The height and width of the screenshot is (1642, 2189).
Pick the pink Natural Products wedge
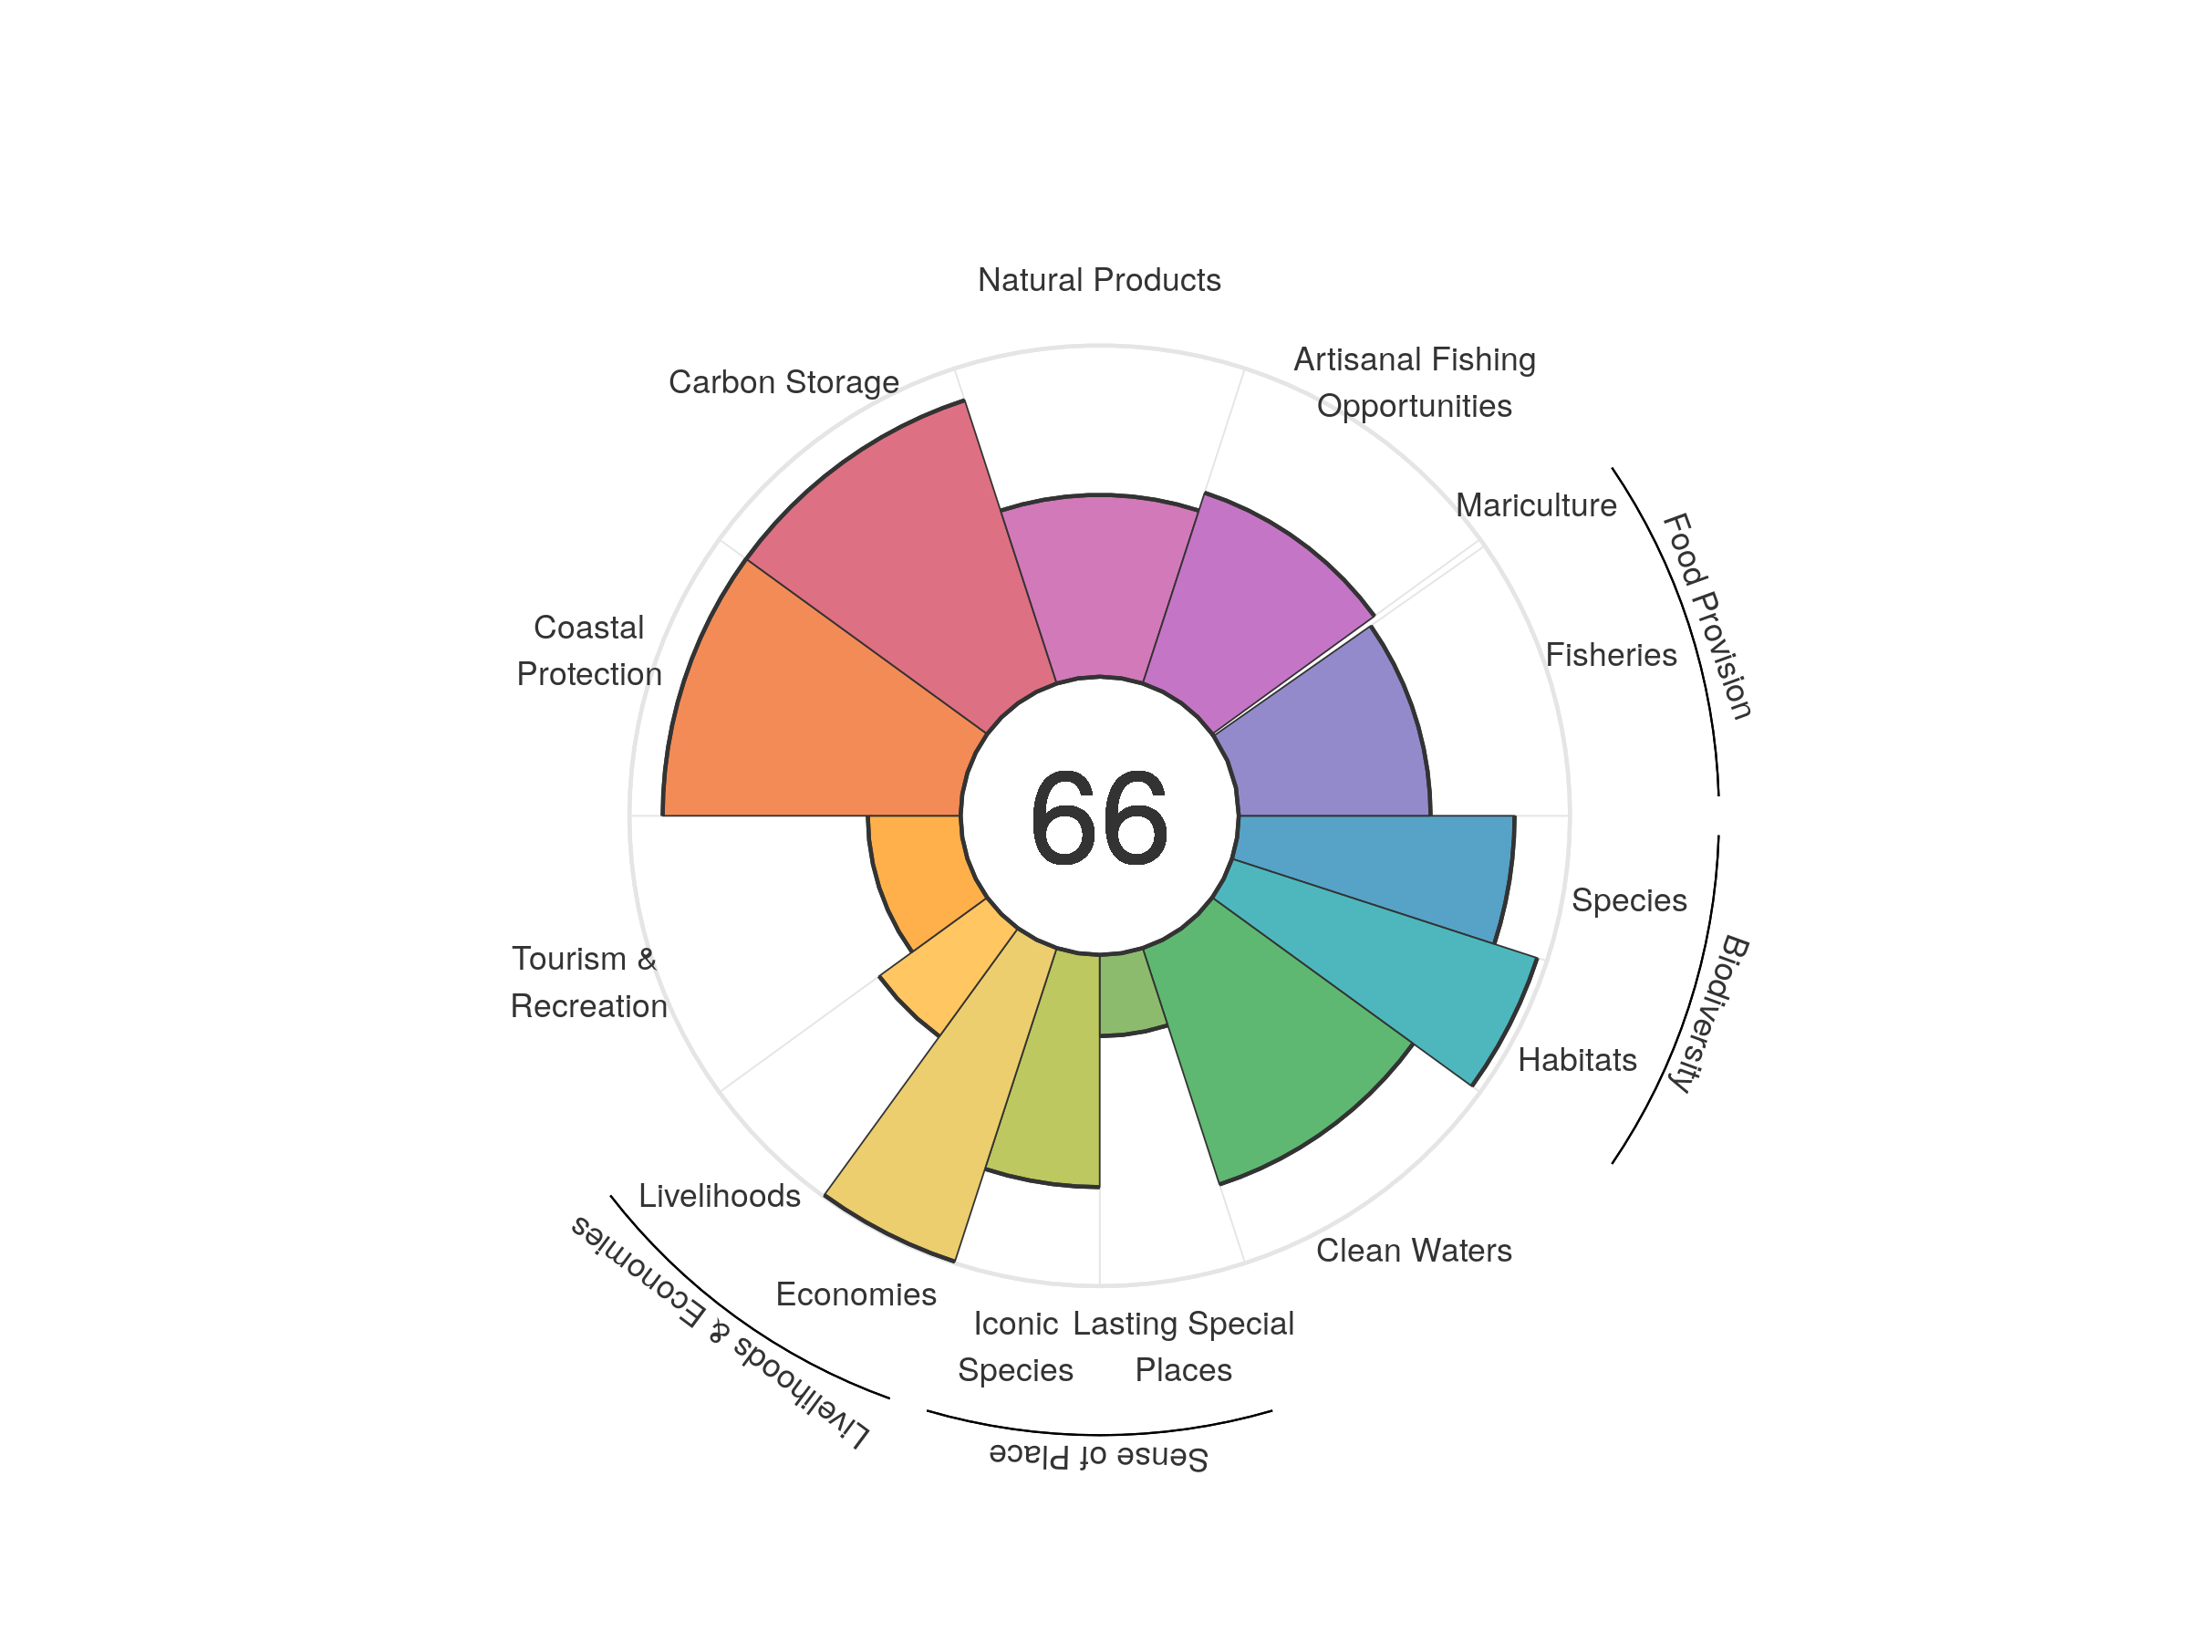pos(1098,584)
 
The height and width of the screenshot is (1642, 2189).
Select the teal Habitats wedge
pos(1406,970)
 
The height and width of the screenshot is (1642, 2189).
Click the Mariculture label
pos(1536,505)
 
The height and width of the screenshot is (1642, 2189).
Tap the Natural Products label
pos(1098,280)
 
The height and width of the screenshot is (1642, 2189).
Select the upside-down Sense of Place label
pos(1098,1456)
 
